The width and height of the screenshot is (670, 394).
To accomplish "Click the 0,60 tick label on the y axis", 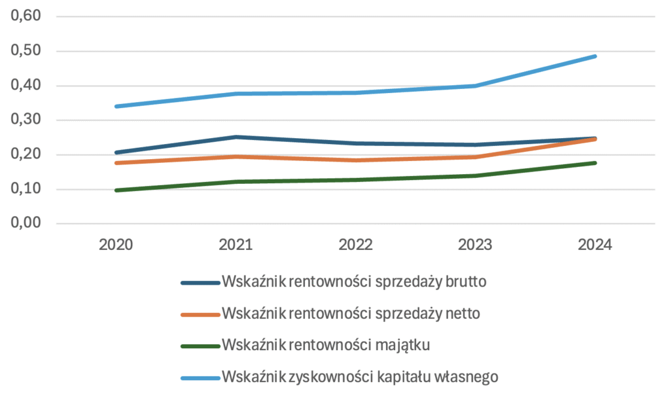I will tap(24, 16).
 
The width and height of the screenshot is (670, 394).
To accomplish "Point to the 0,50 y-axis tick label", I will tap(24, 51).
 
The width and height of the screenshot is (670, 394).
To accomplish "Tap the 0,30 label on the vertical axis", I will tap(24, 120).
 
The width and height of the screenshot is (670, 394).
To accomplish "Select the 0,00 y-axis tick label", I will tap(24, 224).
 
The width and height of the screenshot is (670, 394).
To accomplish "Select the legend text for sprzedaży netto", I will tap(351, 313).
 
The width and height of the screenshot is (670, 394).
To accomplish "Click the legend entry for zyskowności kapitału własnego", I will tap(361, 376).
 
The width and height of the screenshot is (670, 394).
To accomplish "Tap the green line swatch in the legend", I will tap(200, 346).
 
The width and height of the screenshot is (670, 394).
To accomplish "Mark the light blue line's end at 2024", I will tap(595, 56).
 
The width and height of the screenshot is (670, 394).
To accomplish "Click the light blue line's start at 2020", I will tap(116, 106).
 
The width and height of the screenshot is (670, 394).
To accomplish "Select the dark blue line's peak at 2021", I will tap(236, 137).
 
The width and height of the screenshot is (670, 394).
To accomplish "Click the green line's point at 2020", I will tap(116, 190).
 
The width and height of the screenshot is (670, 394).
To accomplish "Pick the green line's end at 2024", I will tap(595, 163).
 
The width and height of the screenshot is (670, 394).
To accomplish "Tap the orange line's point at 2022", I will tap(355, 160).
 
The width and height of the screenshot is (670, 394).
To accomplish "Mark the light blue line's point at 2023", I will tap(475, 86).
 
